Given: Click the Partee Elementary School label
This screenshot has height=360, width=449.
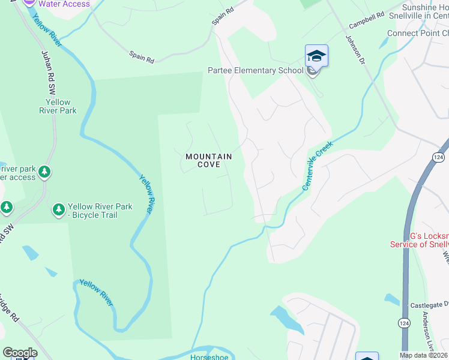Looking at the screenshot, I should click(x=256, y=70).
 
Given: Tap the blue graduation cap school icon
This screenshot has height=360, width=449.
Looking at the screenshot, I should click(x=316, y=56).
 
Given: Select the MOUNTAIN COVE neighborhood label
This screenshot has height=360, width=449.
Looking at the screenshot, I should click(x=208, y=160).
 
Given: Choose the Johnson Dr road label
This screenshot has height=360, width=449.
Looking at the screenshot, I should click(x=354, y=49).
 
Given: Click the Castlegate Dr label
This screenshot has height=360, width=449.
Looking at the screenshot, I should click(x=429, y=305).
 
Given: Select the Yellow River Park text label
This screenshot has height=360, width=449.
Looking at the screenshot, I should click(x=58, y=107).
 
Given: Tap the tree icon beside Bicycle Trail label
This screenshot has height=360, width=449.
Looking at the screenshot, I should click(x=58, y=209).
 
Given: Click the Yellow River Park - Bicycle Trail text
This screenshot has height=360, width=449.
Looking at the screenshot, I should click(x=100, y=211).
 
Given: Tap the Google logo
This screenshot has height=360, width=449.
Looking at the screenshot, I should click(x=20, y=353).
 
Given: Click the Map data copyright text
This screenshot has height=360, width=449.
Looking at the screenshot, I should click(x=424, y=355).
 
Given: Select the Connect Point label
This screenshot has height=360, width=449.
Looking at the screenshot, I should click(x=418, y=33).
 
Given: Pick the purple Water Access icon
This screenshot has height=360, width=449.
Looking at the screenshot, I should click(x=29, y=2).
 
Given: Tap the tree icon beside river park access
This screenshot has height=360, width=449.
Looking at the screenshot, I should click(x=44, y=173).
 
